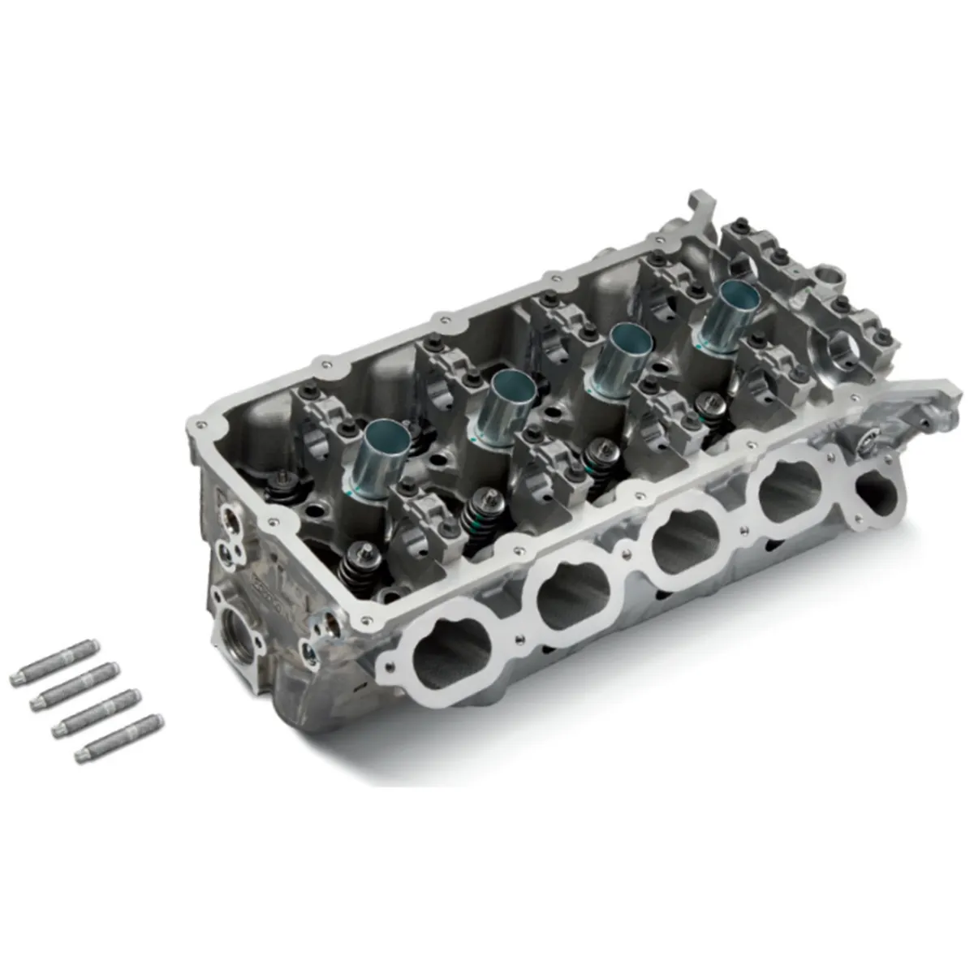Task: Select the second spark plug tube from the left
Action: point(506,405)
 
